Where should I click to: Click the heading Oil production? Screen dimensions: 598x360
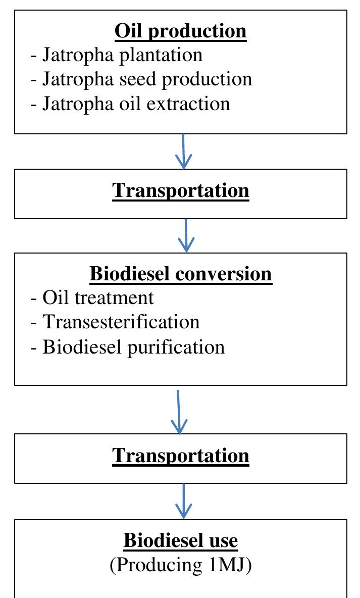180,31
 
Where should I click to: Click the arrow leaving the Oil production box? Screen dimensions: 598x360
183,151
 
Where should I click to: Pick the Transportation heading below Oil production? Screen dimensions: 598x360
180,190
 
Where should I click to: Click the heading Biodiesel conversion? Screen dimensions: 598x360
180,274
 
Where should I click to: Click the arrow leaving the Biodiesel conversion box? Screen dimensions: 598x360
179,411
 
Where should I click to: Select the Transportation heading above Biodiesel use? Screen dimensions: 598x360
180,456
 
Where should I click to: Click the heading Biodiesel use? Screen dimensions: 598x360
180,541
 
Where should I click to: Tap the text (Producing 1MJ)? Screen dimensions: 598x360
180,565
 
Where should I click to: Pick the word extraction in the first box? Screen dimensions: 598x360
193,104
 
